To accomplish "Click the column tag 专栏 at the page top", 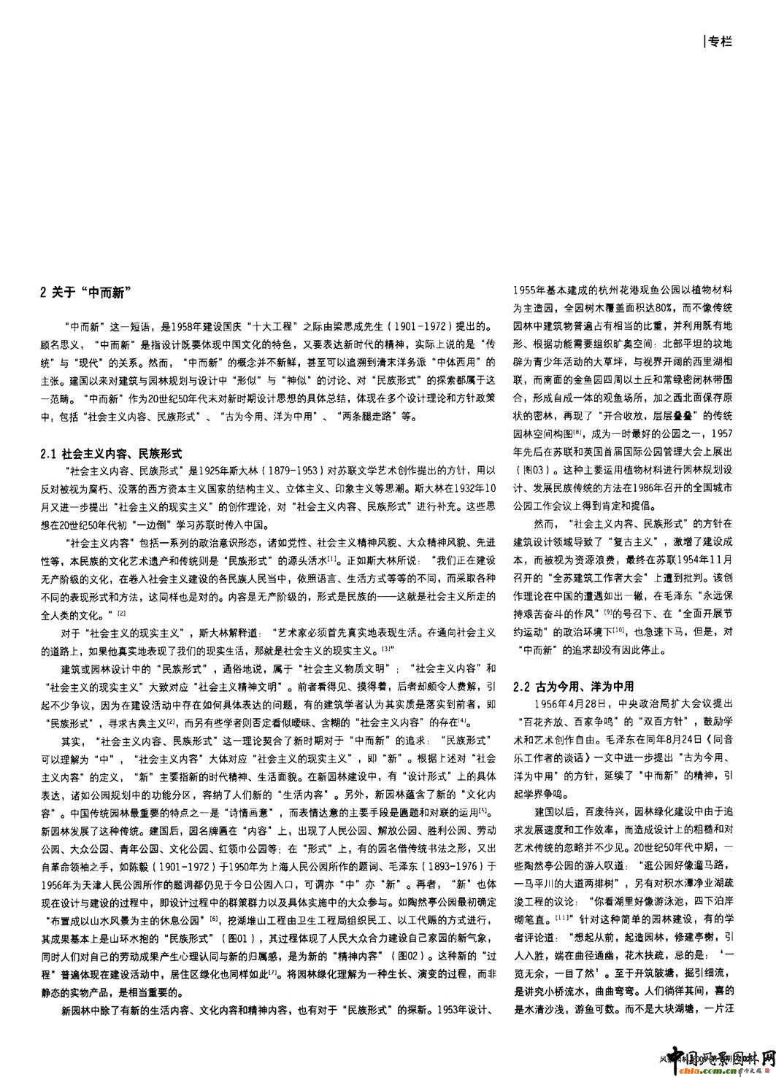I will (x=719, y=42).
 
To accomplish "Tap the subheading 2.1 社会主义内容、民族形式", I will (x=111, y=454).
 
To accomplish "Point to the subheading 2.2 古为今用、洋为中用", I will (x=573, y=687).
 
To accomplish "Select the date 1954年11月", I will (x=699, y=558).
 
